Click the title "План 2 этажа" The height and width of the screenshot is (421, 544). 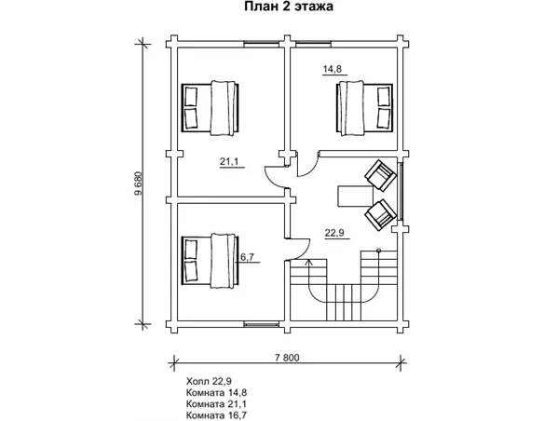coord(289,7)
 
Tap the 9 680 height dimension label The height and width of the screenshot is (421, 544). coord(139,183)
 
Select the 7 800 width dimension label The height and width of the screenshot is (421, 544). coord(287,358)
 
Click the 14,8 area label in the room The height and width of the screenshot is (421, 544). coord(333,69)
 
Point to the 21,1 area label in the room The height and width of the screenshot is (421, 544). coord(229,161)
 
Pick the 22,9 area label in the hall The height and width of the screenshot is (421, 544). coord(334,233)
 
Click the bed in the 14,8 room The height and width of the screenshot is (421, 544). coord(364,108)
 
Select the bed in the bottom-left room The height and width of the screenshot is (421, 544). coord(211,261)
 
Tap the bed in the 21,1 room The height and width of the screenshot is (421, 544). coord(211,108)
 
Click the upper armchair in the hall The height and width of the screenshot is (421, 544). coord(381,175)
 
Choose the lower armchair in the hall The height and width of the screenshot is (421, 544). coord(381,215)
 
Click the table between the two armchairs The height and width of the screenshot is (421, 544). coord(355,197)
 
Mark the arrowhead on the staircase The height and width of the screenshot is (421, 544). coord(308,262)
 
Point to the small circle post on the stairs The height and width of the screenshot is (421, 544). coord(378,250)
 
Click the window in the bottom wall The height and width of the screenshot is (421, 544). coord(262,324)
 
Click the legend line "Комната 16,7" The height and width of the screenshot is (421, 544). coord(216,415)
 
